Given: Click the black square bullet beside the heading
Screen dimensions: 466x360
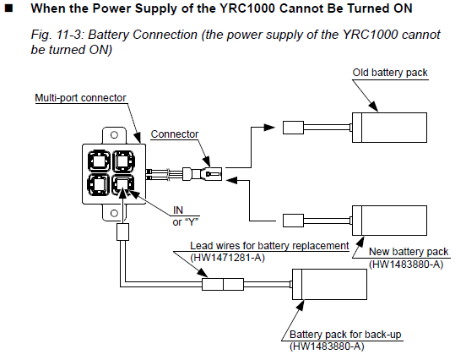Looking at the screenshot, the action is (x=9, y=8).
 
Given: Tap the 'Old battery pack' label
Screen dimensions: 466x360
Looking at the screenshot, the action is (x=390, y=73).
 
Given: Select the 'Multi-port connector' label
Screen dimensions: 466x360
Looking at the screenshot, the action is (x=80, y=98).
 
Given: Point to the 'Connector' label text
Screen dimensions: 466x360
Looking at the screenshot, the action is (x=175, y=134).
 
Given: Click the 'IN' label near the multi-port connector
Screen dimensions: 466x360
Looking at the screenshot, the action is (x=178, y=210).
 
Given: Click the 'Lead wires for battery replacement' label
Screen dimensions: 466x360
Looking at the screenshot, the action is (x=269, y=246).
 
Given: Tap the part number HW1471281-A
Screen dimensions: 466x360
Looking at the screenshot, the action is (x=227, y=258).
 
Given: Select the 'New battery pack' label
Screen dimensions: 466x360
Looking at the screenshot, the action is (x=409, y=252).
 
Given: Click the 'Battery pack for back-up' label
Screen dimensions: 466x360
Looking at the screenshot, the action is (x=345, y=335).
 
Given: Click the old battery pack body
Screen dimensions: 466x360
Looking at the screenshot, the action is (x=390, y=128).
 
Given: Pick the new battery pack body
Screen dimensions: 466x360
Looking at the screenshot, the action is (x=390, y=221).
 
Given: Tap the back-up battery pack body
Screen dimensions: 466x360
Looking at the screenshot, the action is (x=329, y=285).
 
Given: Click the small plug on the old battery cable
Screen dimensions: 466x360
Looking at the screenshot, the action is (x=293, y=128).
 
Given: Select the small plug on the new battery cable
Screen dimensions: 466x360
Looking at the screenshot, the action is (x=293, y=221).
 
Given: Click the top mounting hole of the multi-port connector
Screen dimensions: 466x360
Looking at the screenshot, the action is (x=114, y=134).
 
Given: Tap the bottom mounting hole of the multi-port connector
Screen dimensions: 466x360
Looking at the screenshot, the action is (x=114, y=213).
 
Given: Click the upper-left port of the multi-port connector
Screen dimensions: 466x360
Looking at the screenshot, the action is (x=99, y=161).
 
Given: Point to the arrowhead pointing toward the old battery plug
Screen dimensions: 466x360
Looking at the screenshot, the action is (x=269, y=128).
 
